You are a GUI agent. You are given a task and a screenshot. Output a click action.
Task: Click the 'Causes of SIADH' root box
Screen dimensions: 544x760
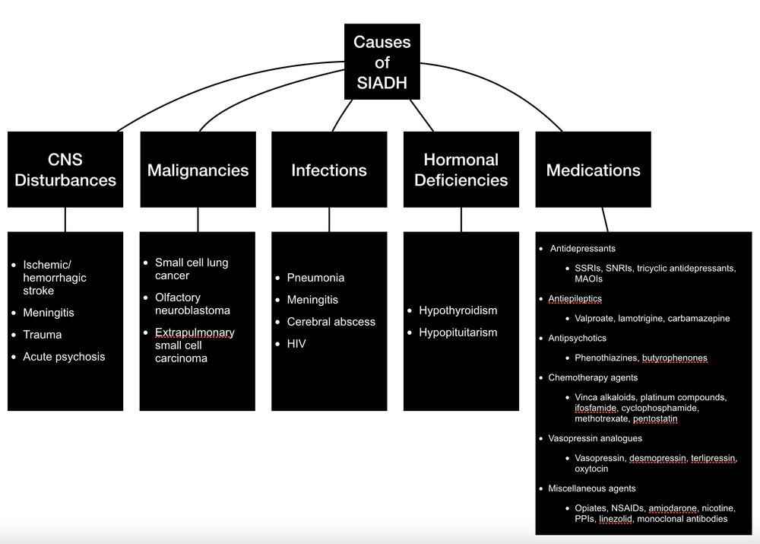point(382,62)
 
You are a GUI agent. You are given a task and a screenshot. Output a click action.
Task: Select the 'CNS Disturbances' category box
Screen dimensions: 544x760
point(65,170)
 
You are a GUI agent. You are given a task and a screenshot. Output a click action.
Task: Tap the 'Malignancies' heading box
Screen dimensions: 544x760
point(198,170)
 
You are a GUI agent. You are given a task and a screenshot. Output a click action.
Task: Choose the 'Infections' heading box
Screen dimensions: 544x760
point(329,170)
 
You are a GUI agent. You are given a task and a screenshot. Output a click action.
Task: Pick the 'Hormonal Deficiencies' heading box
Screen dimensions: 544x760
point(461,170)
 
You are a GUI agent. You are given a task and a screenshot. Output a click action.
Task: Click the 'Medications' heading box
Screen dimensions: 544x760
point(593,170)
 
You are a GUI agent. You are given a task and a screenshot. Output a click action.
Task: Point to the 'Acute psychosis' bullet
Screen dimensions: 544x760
point(64,357)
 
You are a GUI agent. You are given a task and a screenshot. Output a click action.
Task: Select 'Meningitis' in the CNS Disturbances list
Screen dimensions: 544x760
point(49,313)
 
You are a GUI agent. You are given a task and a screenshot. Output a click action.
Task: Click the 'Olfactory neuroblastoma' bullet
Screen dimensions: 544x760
point(192,304)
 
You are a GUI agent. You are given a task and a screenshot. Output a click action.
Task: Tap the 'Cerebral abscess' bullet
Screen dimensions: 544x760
point(331,322)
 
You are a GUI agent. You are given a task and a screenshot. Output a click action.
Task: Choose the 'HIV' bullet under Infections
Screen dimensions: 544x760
point(297,344)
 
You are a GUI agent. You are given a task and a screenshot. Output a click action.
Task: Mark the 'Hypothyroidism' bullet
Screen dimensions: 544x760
point(458,310)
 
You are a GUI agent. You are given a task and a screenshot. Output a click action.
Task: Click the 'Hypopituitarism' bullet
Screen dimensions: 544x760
point(458,332)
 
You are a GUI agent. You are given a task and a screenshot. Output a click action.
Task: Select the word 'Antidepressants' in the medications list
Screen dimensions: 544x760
point(582,249)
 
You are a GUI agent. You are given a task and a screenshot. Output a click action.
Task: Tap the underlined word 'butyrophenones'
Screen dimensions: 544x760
point(674,358)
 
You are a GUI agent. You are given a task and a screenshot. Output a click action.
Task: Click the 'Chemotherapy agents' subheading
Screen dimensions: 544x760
point(593,377)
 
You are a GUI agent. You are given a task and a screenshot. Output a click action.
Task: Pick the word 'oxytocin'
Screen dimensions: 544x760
point(591,469)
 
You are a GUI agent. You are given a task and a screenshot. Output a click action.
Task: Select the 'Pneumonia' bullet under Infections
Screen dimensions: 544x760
point(315,278)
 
